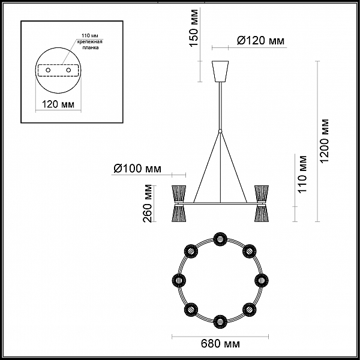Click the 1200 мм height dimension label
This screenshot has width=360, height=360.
pos(325,141)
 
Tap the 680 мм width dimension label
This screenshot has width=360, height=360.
pos(220,344)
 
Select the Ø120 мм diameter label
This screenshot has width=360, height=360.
pos(260,41)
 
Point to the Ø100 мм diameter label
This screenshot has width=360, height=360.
pos(137,169)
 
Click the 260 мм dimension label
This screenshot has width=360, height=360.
pos(148,203)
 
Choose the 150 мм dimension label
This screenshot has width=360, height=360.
pos(194,28)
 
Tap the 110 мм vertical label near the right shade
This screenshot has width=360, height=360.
pos(302,174)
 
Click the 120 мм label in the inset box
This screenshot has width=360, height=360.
pos(58,104)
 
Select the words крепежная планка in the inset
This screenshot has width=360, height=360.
pos(89,45)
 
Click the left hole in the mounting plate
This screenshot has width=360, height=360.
pos(48,70)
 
